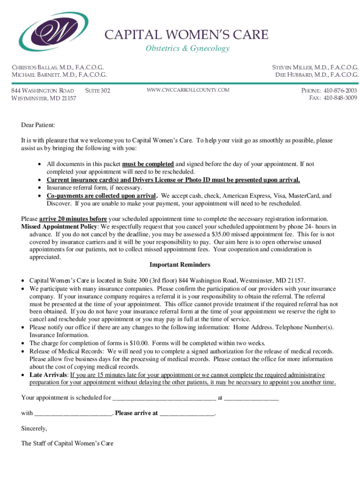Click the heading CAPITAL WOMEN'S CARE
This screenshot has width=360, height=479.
[186, 35]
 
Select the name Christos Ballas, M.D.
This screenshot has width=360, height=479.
[58, 67]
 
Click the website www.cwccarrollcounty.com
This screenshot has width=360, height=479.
[188, 90]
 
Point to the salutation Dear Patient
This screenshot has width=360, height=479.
[38, 125]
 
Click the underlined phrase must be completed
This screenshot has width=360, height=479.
[148, 164]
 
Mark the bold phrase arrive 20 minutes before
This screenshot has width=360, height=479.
[73, 219]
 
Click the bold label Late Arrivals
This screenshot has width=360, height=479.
[49, 375]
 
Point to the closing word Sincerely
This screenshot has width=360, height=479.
[34, 428]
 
